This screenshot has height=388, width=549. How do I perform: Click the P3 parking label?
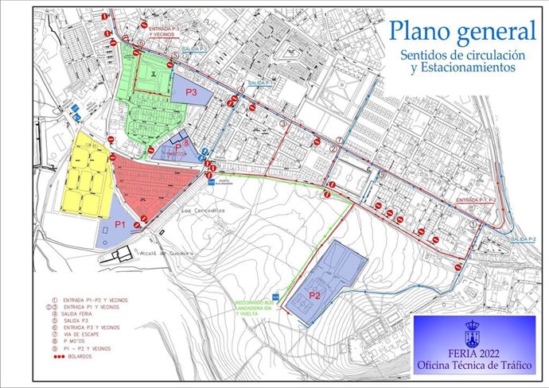coord(192,92)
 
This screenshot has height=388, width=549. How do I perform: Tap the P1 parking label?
coord(121,225)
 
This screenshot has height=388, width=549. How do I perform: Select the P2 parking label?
coord(314,296)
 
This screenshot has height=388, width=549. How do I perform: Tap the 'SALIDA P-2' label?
coord(523,239)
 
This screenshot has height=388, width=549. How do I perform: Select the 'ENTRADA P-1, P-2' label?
coord(476,200)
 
